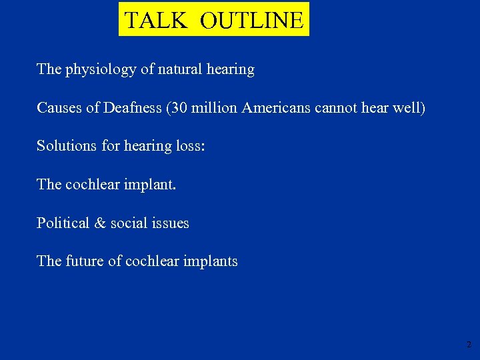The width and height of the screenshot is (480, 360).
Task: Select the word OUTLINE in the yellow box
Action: [251, 20]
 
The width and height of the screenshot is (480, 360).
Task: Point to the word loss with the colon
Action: [191, 146]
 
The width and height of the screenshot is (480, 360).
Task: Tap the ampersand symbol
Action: [101, 223]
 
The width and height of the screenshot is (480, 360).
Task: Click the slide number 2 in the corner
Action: [469, 345]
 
